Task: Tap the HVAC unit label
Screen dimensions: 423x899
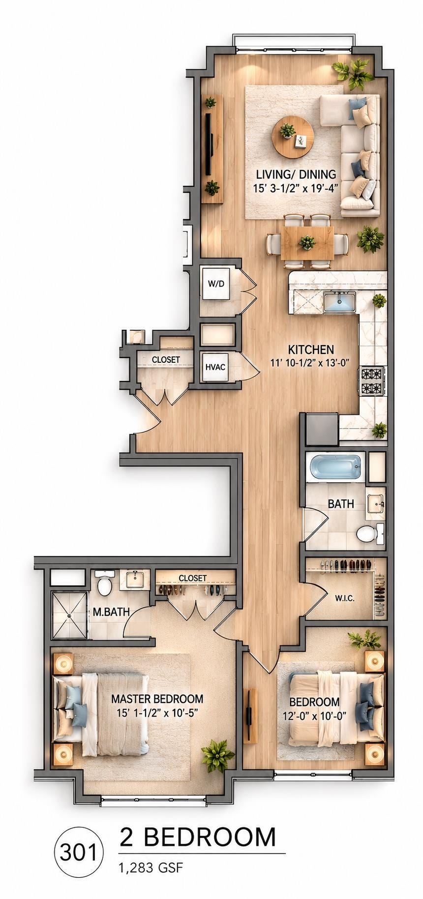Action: click(215, 367)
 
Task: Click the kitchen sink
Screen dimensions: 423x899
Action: click(339, 301)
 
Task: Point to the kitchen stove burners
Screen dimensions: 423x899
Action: click(372, 381)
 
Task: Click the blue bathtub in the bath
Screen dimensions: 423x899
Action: click(334, 468)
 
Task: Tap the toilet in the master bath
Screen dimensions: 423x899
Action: click(105, 583)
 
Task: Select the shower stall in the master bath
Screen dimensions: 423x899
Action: click(69, 614)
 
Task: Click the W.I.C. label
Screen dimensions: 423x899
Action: click(345, 598)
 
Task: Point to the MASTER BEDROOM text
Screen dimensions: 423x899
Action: click(157, 699)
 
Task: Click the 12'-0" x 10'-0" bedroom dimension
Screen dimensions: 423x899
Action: click(315, 716)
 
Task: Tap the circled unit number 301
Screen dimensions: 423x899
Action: click(79, 853)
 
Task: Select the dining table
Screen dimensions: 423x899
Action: click(307, 241)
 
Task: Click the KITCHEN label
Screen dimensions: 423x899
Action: click(311, 350)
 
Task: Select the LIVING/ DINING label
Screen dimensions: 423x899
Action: click(296, 174)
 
